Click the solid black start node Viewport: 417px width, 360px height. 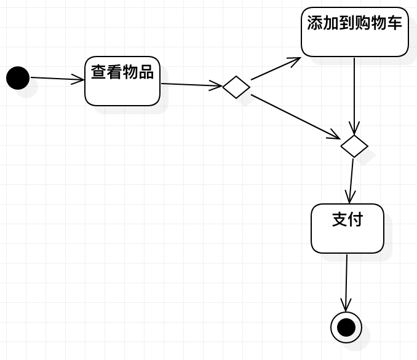(18, 78)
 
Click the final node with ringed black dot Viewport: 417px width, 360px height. (346, 327)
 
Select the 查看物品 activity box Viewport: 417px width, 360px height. (122, 82)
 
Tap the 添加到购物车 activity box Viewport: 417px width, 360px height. (355, 32)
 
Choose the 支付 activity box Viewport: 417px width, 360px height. (347, 229)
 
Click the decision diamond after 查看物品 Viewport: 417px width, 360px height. (236, 87)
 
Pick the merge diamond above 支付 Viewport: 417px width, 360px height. (354, 146)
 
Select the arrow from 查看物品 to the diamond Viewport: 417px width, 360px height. (191, 85)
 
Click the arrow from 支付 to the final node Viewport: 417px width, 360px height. (347, 283)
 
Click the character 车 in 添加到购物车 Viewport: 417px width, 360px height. (394, 23)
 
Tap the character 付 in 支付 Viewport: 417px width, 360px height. (355, 219)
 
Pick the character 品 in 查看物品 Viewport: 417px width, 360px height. (146, 72)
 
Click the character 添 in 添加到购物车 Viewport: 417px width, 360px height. (315, 23)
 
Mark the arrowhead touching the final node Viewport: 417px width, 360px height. (346, 306)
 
